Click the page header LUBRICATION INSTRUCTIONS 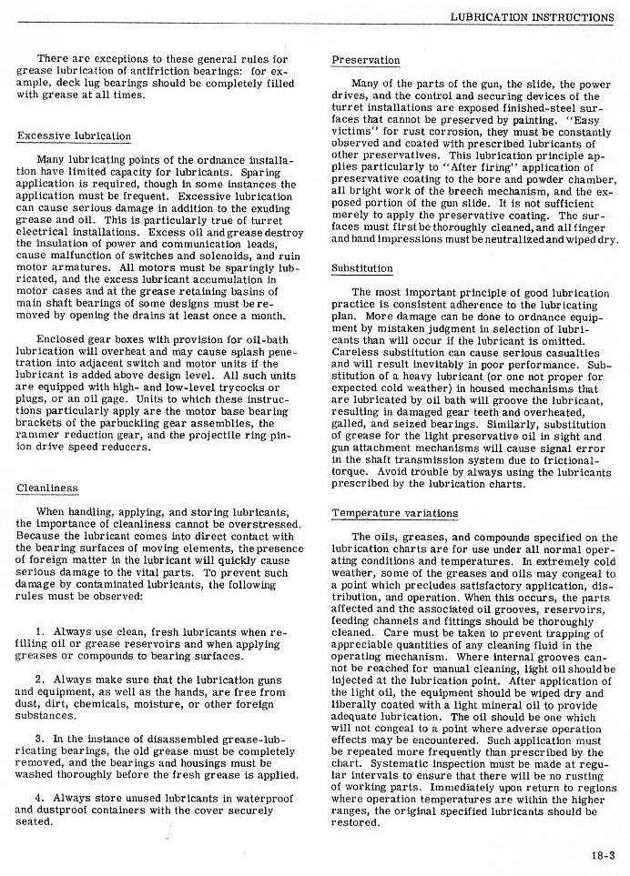tap(531, 16)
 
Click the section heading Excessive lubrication tap(74, 136)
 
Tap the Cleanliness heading tap(47, 488)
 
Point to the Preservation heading tap(365, 61)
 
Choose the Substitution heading tap(362, 269)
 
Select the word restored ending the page tap(354, 822)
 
